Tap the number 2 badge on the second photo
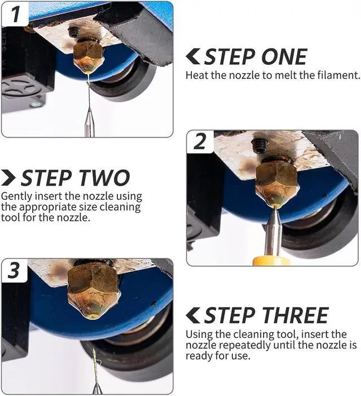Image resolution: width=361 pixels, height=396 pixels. [200, 141]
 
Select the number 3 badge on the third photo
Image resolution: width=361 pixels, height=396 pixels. [14, 270]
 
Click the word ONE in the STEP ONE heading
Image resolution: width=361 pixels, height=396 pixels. [284, 56]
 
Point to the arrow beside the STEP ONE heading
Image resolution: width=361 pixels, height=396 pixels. [193, 56]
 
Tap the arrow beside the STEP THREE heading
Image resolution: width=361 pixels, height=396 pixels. [193, 315]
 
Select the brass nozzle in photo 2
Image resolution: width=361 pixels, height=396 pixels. [278, 184]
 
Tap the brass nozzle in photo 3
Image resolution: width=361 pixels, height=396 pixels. [94, 291]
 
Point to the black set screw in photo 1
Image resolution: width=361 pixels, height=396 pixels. [74, 32]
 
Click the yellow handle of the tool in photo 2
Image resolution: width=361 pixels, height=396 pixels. [271, 261]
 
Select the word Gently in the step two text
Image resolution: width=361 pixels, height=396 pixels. [16, 197]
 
